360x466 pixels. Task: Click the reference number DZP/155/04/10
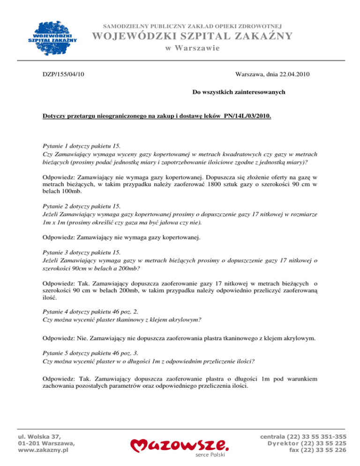64,74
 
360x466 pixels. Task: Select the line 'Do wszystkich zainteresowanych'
240,92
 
